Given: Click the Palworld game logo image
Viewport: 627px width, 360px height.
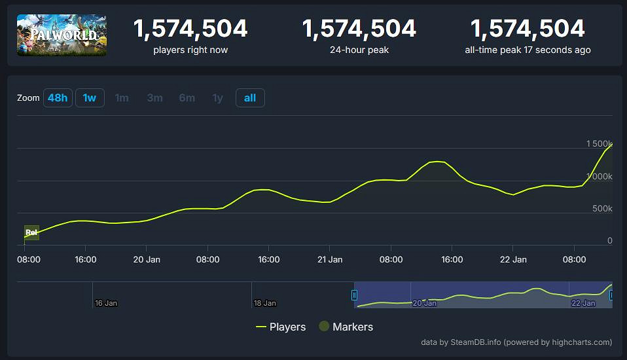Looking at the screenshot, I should [62, 35].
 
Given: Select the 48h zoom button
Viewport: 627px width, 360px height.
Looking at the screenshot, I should [58, 98].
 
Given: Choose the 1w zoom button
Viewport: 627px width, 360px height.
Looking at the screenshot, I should [90, 98].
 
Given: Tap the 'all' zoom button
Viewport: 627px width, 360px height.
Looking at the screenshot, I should [250, 98].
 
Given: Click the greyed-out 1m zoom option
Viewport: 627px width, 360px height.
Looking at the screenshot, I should [122, 98].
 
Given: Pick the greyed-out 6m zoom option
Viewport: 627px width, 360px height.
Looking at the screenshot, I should [187, 98].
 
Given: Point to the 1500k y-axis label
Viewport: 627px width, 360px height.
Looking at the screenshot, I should [599, 143].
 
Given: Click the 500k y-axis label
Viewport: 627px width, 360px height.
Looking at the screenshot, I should [601, 208].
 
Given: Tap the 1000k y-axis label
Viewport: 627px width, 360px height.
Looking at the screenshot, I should [599, 176].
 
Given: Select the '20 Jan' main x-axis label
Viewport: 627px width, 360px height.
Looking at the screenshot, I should [147, 260].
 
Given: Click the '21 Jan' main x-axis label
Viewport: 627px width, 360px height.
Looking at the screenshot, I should [330, 260].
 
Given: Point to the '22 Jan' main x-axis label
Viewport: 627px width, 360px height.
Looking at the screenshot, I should [513, 260].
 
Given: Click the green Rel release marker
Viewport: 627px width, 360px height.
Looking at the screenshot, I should [31, 232].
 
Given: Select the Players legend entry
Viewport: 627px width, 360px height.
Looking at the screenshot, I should [281, 327].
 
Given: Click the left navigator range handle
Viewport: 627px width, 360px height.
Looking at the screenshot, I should [355, 295].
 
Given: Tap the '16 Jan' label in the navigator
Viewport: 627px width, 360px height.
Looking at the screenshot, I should [106, 303].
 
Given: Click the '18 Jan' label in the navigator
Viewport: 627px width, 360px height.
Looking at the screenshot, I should [264, 303].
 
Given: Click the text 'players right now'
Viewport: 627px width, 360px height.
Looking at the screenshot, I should [190, 50].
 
